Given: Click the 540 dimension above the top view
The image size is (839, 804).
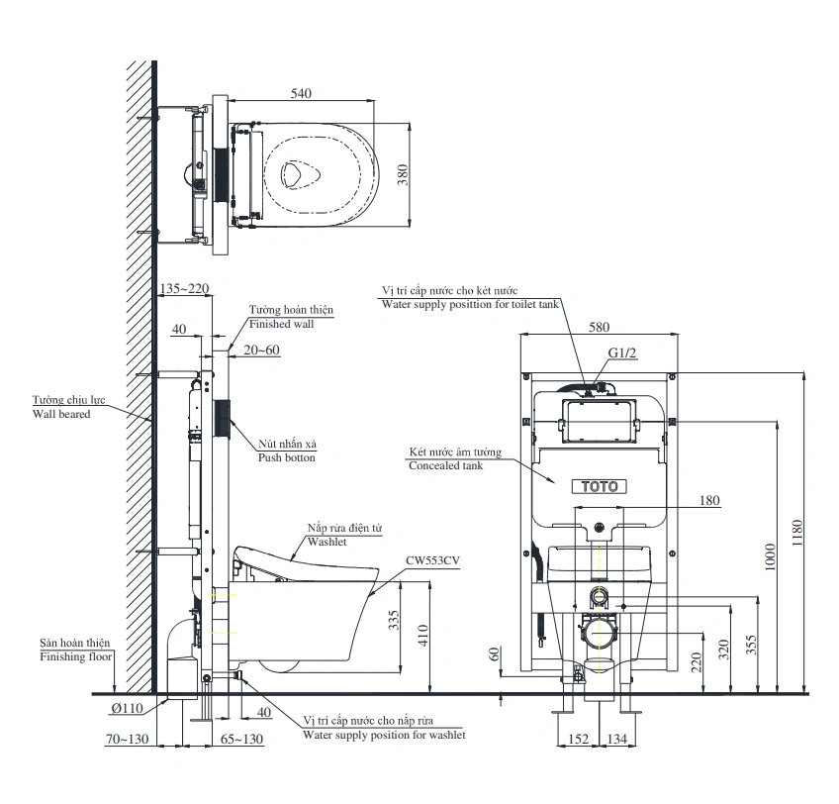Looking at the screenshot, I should [x=302, y=93].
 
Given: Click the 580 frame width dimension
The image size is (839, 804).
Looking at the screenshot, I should [x=599, y=327].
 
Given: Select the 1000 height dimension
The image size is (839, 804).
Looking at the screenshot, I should [x=771, y=556].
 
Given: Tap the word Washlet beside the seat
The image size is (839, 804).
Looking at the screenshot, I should [x=326, y=543].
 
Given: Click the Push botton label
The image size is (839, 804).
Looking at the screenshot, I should [x=287, y=458].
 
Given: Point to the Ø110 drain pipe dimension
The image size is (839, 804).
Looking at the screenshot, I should [x=126, y=708].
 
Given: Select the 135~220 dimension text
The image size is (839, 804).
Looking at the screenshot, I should [x=184, y=289].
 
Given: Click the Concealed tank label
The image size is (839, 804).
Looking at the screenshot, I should [x=445, y=465].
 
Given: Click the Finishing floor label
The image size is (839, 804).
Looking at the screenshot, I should [x=76, y=656].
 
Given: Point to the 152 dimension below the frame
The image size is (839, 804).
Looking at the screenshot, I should [x=581, y=738].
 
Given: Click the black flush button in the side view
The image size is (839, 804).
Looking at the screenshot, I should [x=223, y=419].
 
